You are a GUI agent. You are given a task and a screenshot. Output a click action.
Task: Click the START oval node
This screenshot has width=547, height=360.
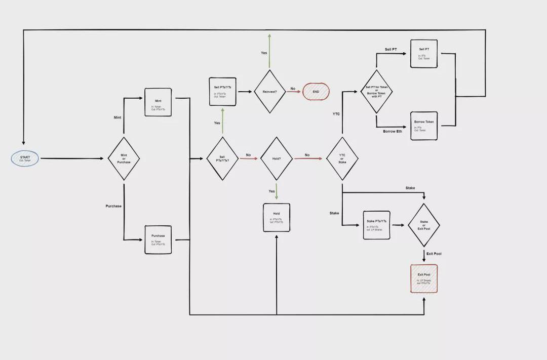tap(25, 158)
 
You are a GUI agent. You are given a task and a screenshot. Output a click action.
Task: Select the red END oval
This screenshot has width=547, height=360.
tap(316, 92)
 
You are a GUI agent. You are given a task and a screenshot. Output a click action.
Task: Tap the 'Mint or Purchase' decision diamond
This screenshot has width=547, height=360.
tap(124, 158)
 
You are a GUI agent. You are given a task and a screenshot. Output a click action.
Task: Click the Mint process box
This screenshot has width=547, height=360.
tap(158, 102)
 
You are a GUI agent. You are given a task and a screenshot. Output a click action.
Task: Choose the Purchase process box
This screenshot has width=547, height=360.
tap(158, 239)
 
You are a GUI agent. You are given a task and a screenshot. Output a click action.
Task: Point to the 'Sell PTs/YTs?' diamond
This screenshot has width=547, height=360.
tap(222, 158)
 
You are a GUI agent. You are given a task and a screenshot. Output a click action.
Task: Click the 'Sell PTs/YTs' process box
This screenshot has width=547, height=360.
tap(223, 92)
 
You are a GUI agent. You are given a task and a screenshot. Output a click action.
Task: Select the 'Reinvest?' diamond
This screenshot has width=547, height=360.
tap(269, 92)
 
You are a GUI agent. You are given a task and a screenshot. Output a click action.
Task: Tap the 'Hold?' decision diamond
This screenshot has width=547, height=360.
tap(277, 158)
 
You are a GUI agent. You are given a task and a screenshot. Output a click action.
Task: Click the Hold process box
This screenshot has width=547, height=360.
tap(277, 218)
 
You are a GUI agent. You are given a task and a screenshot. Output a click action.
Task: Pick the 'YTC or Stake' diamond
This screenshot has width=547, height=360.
tap(342, 158)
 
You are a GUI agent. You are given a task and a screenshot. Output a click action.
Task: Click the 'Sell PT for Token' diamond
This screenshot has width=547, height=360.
tap(376, 92)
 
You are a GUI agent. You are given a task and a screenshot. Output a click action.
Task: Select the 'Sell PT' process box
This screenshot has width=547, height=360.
tap(424, 54)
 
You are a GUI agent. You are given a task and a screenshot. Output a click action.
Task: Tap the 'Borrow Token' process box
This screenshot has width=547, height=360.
tap(424, 126)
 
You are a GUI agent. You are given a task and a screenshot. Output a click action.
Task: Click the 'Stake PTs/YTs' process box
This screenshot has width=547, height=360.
tap(376, 225)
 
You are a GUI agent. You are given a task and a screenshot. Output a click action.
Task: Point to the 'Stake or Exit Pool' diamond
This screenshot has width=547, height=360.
tap(424, 225)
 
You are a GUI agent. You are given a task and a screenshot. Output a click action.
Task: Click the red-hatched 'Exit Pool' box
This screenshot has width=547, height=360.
tap(424, 278)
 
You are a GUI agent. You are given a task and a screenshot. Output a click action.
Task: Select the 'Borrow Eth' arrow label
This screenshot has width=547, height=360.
tap(393, 132)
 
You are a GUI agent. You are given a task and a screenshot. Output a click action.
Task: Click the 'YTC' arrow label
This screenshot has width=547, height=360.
tap(336, 114)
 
